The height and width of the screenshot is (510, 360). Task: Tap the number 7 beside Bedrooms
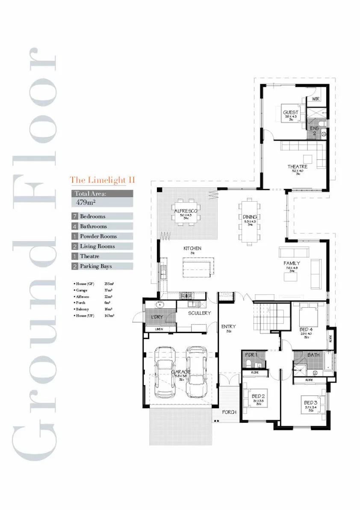(x=75, y=216)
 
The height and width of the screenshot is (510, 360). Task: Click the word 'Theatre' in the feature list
(x=89, y=256)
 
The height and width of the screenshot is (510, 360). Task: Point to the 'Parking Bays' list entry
(x=96, y=266)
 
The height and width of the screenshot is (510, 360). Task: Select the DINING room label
(x=250, y=217)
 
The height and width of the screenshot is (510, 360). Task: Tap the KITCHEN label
(x=192, y=248)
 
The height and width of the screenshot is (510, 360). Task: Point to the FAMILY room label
(x=292, y=263)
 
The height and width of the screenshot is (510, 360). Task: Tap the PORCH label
(x=229, y=413)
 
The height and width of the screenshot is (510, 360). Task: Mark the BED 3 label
(x=310, y=403)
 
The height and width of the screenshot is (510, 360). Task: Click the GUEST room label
(x=291, y=113)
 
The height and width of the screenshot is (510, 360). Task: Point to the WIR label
(x=316, y=99)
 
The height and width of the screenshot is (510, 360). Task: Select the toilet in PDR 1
(x=249, y=364)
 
